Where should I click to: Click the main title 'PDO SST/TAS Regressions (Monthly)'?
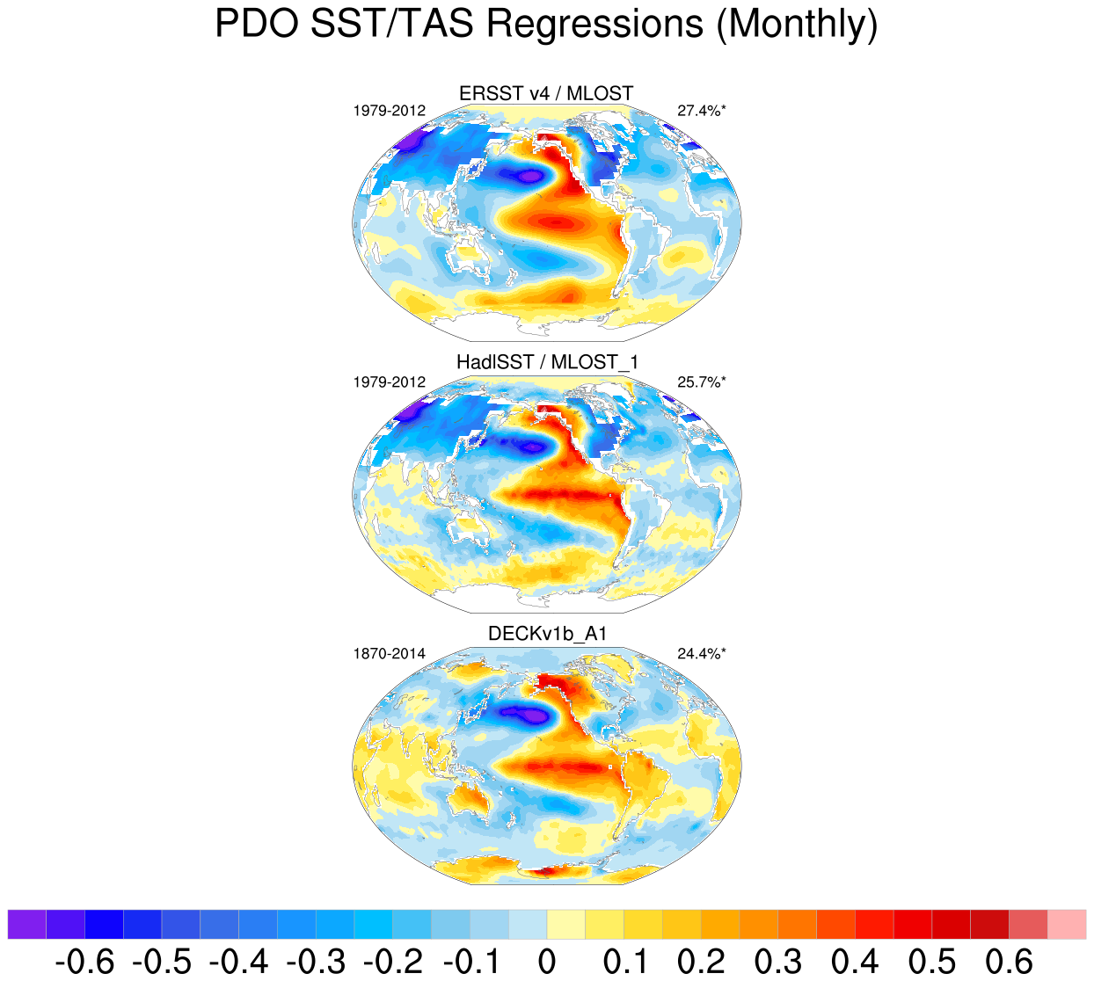[546, 25]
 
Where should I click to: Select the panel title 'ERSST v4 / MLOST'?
[546, 93]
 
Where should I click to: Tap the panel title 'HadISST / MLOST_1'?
[546, 362]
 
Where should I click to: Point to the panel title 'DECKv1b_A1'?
[547, 634]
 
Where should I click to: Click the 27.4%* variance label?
[702, 111]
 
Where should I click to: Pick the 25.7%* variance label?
[702, 382]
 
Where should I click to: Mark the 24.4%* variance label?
[702, 654]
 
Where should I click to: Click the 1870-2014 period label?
[390, 654]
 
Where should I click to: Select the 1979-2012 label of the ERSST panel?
[390, 111]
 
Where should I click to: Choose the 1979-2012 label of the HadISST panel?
[390, 382]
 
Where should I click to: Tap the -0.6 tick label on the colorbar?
[84, 962]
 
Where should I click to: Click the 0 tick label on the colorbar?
[547, 962]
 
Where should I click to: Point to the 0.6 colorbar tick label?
[1009, 962]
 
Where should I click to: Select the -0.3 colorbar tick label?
[316, 962]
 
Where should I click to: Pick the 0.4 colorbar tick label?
[855, 962]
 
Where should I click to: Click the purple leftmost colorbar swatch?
[27, 925]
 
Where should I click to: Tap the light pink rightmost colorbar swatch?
[1066, 925]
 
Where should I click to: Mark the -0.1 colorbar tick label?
[470, 962]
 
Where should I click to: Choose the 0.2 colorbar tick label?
[701, 962]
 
